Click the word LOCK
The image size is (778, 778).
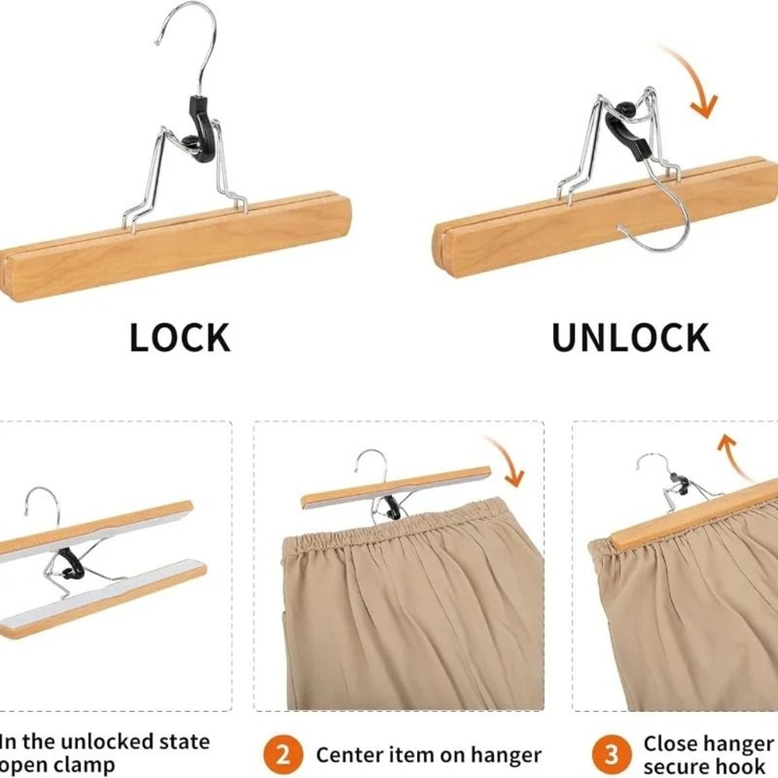pyautogui.click(x=180, y=337)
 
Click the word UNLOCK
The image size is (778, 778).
pyautogui.click(x=630, y=337)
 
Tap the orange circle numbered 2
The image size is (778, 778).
pyautogui.click(x=282, y=755)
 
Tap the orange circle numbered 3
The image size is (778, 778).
pyautogui.click(x=612, y=755)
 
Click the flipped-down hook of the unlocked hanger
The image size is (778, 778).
pyautogui.click(x=661, y=226)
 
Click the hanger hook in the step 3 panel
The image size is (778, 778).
pyautogui.click(x=654, y=467)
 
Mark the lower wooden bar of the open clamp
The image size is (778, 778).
pyautogui.click(x=101, y=599)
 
